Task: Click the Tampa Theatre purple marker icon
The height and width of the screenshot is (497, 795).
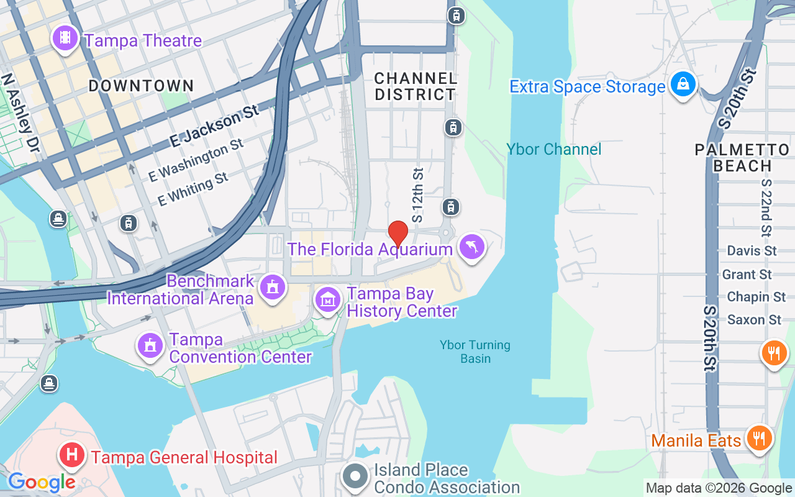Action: coord(65,39)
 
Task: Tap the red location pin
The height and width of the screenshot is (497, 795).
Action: coord(397,234)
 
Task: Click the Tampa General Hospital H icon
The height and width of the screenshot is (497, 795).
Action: coord(72,455)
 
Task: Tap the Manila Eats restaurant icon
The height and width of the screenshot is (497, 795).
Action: coord(758,439)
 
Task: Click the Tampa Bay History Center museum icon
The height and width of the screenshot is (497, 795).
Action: coord(328,300)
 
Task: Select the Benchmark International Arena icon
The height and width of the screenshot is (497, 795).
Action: coord(272,288)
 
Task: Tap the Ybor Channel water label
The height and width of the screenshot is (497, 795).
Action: coord(553,149)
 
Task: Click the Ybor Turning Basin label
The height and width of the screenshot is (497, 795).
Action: coord(475,352)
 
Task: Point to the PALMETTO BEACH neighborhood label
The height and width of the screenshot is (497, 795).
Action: coord(742,158)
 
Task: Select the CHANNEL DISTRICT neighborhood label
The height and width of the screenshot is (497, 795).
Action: coord(416,86)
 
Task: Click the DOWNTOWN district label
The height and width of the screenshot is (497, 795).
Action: coord(141,86)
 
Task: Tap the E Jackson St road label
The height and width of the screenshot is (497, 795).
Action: coord(214,127)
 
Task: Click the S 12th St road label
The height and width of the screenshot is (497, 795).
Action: coord(418,195)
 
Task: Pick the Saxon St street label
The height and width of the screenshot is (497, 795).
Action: coord(754,320)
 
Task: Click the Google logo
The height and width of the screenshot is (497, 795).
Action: coord(42,481)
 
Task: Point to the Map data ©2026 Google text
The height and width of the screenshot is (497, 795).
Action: coord(718,488)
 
